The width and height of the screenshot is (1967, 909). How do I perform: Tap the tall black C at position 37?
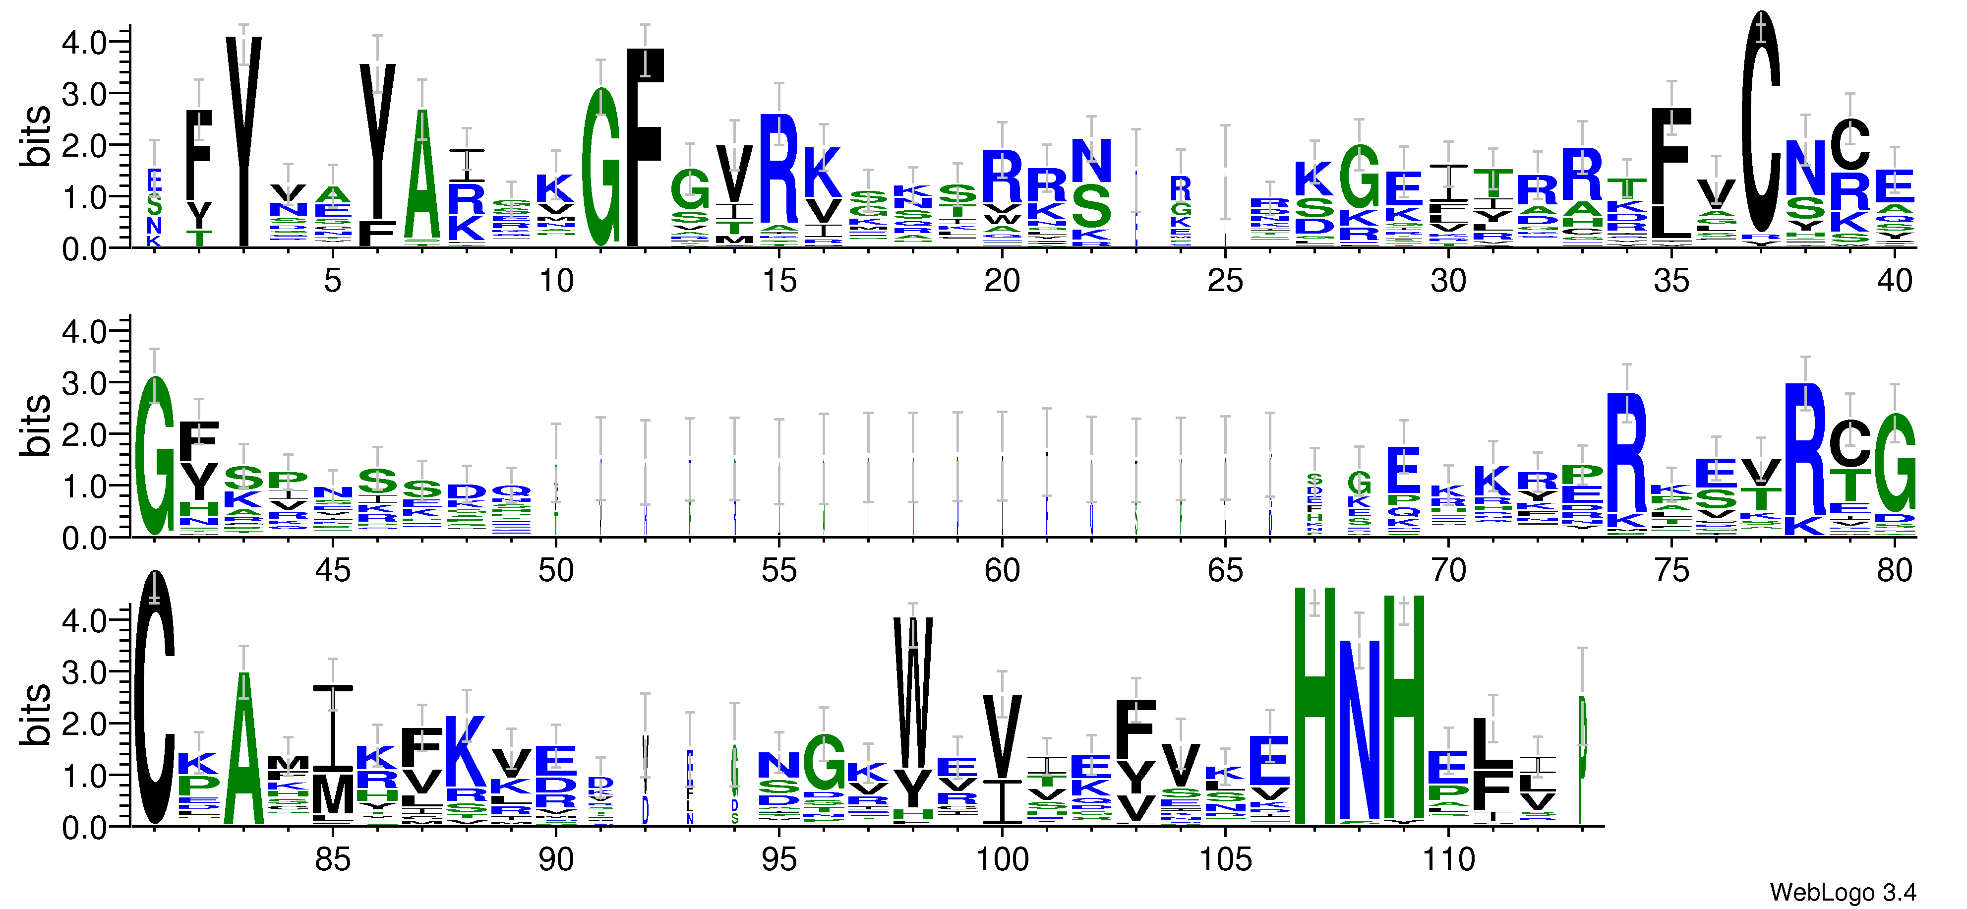1761,122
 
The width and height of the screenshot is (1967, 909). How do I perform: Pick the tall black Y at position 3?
243,141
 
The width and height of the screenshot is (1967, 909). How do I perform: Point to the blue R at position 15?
779,168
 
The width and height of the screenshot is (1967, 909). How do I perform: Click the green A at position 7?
422,176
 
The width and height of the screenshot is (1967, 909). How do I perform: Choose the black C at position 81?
155,697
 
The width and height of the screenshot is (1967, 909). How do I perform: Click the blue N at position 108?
1359,729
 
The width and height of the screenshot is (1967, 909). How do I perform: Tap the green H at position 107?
1315,707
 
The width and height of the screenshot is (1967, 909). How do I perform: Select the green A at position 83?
243,749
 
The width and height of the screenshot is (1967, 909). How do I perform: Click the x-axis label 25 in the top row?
1225,282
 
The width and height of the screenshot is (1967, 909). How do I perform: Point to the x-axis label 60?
1002,571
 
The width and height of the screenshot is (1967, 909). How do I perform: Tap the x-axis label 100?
1002,860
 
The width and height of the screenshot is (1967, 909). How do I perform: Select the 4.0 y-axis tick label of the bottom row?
84,620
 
